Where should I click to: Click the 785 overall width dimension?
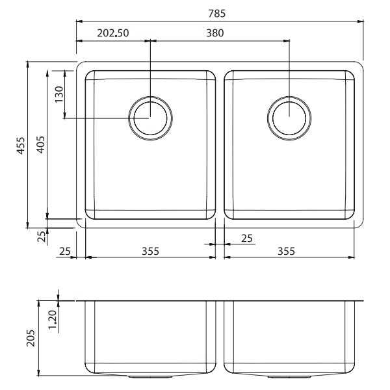coord(218,12)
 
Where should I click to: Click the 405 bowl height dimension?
coord(40,145)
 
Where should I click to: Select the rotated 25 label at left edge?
coord(42,236)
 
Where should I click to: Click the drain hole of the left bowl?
coord(151,118)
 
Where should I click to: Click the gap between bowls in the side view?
coord(220,338)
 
